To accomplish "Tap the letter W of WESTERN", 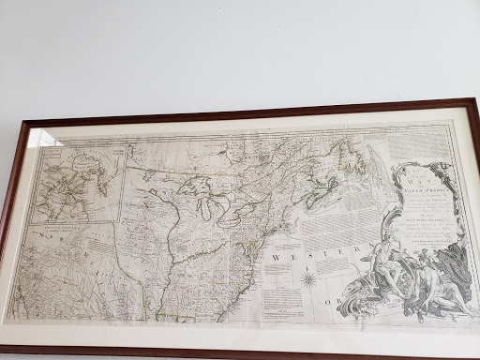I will point(276,255).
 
